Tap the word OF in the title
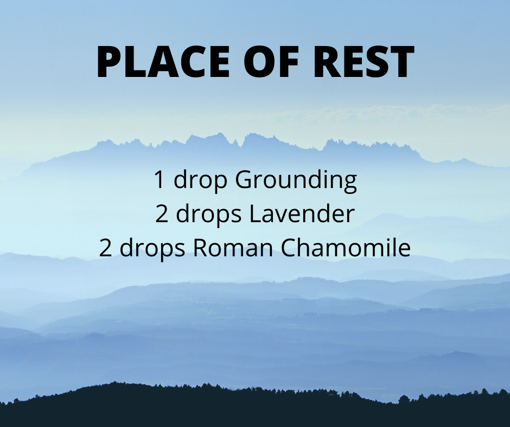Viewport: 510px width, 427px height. point(271,62)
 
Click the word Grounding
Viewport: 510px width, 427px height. point(296,180)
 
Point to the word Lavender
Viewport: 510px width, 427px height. point(302,214)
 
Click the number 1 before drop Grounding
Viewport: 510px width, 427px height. point(159,179)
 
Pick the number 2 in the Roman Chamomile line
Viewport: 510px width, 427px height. point(105,248)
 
